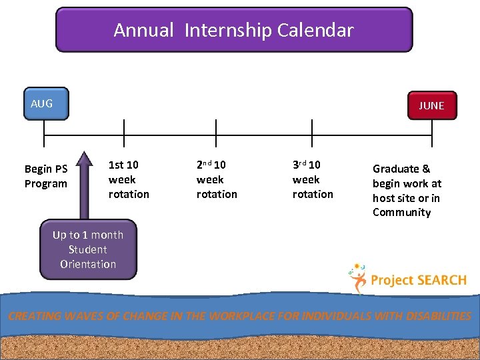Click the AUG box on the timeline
(46, 104)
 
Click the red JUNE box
(431, 105)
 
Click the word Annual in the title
(143, 30)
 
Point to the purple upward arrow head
(84, 160)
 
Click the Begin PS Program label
(46, 176)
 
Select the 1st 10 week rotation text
(129, 179)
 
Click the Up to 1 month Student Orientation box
(88, 249)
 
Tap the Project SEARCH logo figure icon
(358, 277)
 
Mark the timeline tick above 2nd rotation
(216, 133)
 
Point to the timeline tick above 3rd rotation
(312, 133)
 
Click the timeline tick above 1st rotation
(124, 133)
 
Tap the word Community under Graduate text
(401, 213)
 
